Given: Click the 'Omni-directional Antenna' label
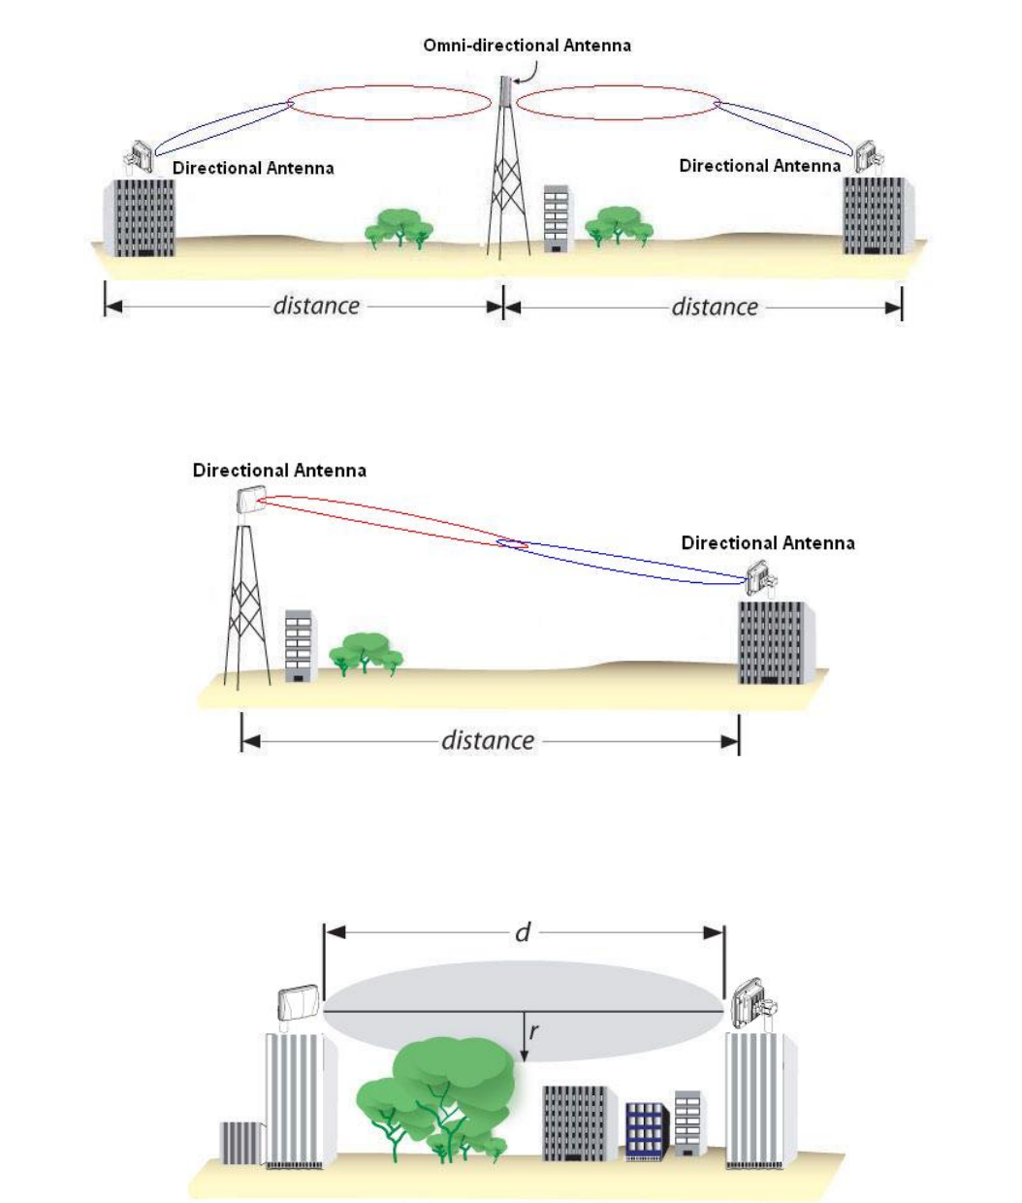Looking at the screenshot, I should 527,46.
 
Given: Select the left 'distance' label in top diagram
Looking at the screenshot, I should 316,306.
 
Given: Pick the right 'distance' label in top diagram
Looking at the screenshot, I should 715,307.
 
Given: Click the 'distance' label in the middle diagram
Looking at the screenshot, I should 488,740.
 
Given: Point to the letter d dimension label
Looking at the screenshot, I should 523,932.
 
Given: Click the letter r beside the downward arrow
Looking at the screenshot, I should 534,1032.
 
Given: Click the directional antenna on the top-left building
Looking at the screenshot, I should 141,156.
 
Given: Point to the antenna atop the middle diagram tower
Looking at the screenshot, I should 250,501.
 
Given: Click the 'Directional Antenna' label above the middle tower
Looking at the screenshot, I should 279,471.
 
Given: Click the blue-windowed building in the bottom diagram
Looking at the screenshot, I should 647,1131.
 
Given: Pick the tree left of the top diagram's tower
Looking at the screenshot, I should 399,228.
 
